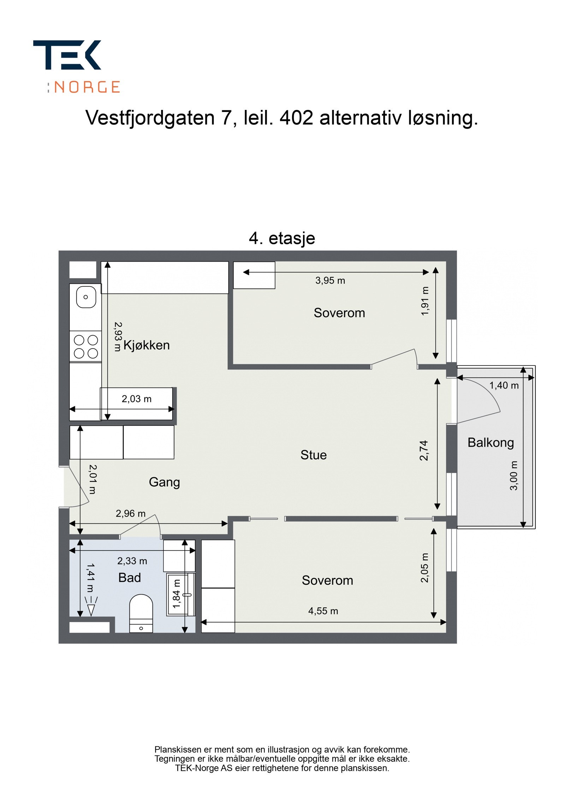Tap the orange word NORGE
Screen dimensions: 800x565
click(87, 87)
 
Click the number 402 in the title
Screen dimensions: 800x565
click(296, 118)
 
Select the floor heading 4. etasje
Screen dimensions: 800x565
click(281, 238)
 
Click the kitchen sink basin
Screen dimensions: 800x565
click(86, 297)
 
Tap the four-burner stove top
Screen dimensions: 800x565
click(85, 346)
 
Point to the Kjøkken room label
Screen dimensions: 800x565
click(146, 345)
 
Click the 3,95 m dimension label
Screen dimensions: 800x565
click(330, 280)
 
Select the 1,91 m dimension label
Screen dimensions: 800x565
click(425, 301)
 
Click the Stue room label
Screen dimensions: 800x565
click(313, 455)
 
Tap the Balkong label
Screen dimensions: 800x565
click(490, 442)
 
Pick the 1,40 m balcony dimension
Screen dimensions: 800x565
click(504, 385)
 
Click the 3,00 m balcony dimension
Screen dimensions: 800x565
click(513, 475)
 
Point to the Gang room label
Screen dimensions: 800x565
click(164, 482)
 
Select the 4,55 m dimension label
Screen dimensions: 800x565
click(323, 611)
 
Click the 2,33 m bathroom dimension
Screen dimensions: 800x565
click(132, 561)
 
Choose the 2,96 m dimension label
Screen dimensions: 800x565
click(130, 513)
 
